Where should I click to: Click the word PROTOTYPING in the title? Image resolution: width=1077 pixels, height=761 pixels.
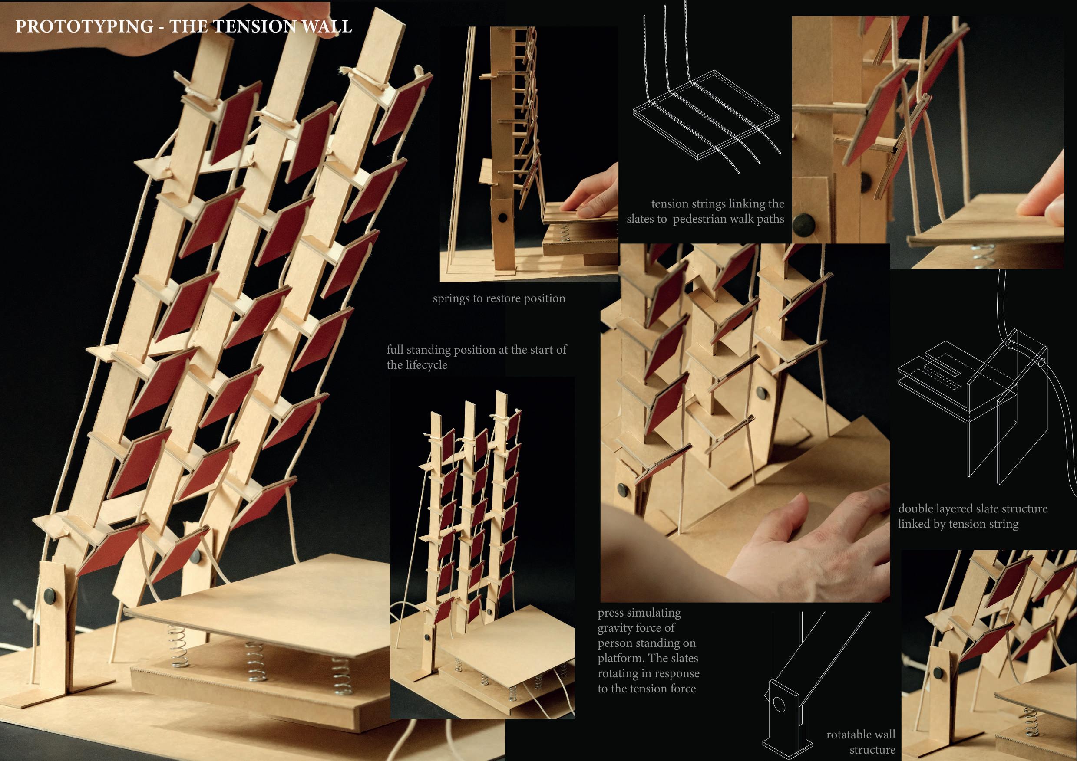coord(84,26)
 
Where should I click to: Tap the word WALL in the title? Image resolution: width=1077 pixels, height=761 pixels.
coord(327,26)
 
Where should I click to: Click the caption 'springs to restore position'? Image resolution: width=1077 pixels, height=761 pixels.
coord(499,298)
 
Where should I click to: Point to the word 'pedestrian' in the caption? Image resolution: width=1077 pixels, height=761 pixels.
coord(697,219)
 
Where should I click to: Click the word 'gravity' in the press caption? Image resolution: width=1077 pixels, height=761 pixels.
coord(615,628)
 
